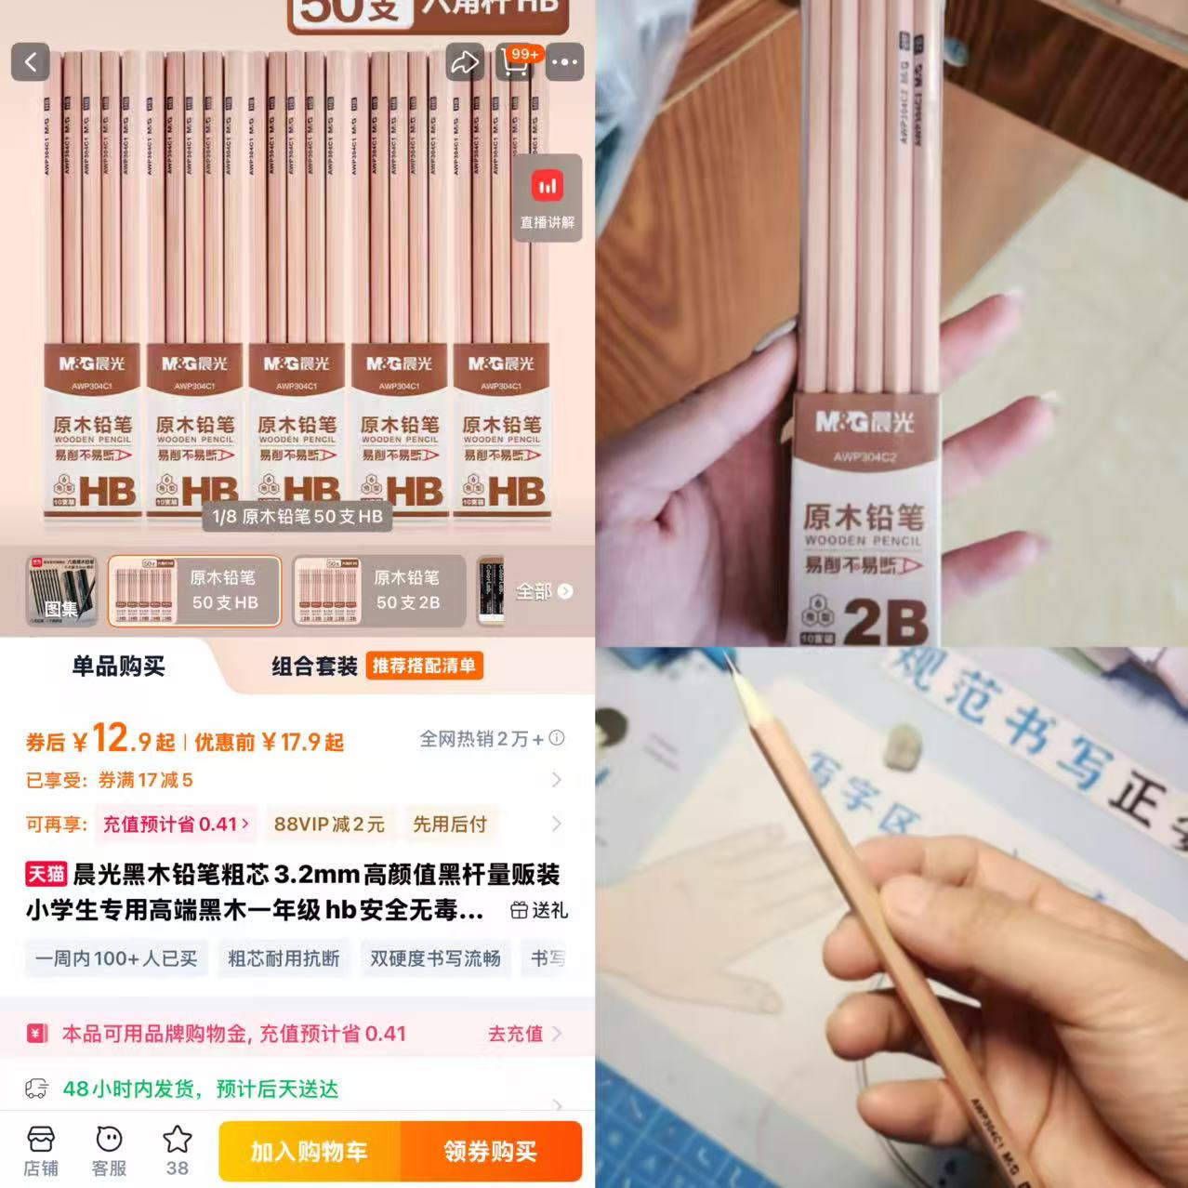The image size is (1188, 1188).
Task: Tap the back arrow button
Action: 31,62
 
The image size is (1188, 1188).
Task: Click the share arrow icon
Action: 464,62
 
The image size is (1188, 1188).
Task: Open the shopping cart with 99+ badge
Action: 515,61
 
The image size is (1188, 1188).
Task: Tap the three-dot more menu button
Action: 564,62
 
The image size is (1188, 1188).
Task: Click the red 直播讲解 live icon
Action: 548,187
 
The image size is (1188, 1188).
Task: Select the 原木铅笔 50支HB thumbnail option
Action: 194,591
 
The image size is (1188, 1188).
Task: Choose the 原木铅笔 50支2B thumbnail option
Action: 378,591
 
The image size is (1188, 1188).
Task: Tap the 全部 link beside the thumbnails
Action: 544,591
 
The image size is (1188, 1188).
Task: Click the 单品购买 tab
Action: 118,666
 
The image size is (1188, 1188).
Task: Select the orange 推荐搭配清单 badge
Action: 424,666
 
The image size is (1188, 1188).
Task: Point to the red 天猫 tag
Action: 46,874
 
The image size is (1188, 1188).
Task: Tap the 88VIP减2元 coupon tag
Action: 328,824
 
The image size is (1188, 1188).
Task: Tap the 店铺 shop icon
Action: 40,1151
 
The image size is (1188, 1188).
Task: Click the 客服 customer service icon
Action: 109,1151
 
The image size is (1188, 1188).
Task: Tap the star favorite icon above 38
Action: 177,1140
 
